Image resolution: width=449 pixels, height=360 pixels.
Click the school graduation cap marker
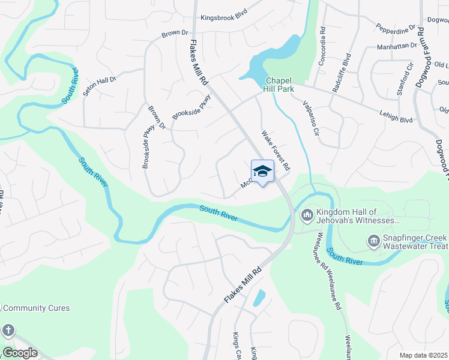262,172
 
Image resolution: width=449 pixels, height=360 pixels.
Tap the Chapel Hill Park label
279,85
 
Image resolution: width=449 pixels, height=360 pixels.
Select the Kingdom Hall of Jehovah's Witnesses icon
307,214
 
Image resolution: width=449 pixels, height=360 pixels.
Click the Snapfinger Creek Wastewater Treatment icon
372,242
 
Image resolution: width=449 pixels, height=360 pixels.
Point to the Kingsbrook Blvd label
224,18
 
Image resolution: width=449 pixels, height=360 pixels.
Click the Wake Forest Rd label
276,150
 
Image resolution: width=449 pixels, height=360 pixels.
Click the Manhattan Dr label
396,46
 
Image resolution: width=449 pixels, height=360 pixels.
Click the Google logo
20,353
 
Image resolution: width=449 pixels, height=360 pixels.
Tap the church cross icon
8,329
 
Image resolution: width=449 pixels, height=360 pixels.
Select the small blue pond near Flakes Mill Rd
259,298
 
